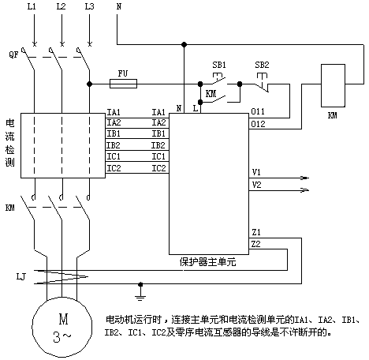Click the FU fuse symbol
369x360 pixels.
pyautogui.click(x=123, y=84)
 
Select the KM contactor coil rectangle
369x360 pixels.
pyautogui.click(x=333, y=85)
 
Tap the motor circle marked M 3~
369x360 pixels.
pyautogui.click(x=62, y=327)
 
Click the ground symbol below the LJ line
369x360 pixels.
pyautogui.click(x=140, y=293)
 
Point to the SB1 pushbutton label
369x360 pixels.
pyautogui.click(x=219, y=65)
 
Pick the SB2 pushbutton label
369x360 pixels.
pyautogui.click(x=262, y=65)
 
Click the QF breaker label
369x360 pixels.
pyautogui.click(x=13, y=54)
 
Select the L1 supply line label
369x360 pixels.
pyautogui.click(x=32, y=6)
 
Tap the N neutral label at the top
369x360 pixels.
pyautogui.click(x=119, y=6)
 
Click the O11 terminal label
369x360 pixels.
pyautogui.click(x=258, y=111)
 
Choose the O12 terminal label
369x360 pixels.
pyautogui.click(x=258, y=124)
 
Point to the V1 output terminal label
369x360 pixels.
pyautogui.click(x=256, y=172)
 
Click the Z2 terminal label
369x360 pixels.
pyautogui.click(x=256, y=244)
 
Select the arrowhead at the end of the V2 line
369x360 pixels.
pyautogui.click(x=304, y=190)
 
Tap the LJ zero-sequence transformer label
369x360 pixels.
pyautogui.click(x=21, y=276)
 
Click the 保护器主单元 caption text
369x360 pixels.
pyautogui.click(x=207, y=262)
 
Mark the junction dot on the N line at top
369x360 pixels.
pyautogui.click(x=184, y=44)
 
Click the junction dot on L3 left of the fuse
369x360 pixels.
pyautogui.click(x=89, y=84)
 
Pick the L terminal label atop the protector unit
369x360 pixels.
pyautogui.click(x=196, y=108)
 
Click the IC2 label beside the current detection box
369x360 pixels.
pyautogui.click(x=114, y=168)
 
